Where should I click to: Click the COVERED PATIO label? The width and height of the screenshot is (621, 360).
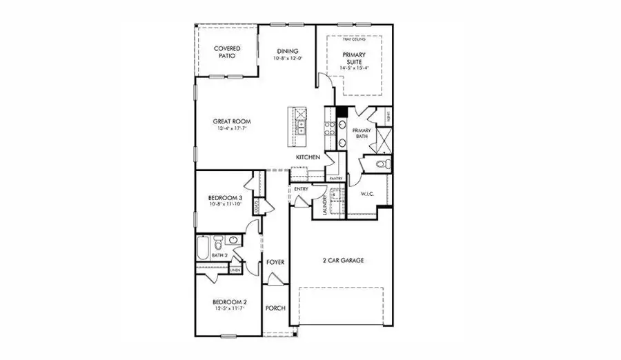[x=226, y=52]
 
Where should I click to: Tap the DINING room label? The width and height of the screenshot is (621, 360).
[x=287, y=50]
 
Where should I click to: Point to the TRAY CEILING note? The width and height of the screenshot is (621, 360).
[x=354, y=39]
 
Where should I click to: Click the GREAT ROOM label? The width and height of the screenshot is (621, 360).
[x=230, y=121]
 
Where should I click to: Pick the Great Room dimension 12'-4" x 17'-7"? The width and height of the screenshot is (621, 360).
[x=230, y=128]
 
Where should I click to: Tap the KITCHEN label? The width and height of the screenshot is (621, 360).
[x=308, y=158]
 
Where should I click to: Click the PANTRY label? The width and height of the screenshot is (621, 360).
[x=336, y=179]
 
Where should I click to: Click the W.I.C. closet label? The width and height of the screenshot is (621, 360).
[x=367, y=194]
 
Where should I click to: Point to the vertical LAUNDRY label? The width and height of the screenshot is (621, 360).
[x=324, y=206]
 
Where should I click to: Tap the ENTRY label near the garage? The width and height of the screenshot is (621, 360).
[x=301, y=189]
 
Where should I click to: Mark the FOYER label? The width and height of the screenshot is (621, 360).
[x=276, y=263]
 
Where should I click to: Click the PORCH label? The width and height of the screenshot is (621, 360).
[x=276, y=308]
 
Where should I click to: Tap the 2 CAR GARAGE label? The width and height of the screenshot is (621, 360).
[x=343, y=261]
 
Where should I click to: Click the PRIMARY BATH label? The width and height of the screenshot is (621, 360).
[x=362, y=133]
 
